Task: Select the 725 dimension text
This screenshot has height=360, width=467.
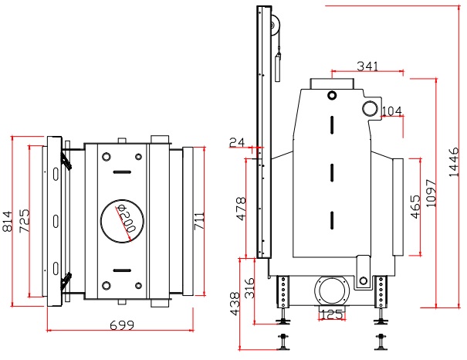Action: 25,221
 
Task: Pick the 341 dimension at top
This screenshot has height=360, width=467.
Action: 367,66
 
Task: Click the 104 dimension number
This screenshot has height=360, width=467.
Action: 392,111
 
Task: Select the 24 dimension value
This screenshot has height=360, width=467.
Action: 236,142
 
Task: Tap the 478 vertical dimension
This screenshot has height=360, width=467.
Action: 241,209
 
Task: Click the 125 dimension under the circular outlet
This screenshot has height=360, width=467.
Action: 331,314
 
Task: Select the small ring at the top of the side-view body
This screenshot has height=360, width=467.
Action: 332,95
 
